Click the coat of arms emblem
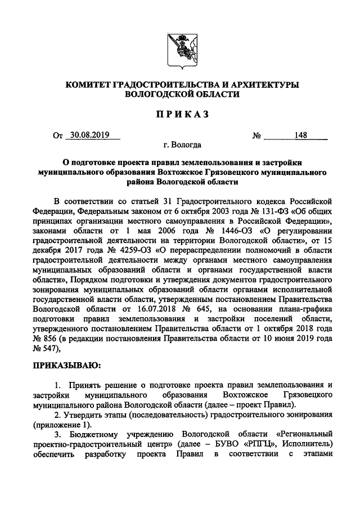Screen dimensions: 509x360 (179, 49)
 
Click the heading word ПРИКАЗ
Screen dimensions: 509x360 (179, 114)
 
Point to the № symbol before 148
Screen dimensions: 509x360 (256, 136)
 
